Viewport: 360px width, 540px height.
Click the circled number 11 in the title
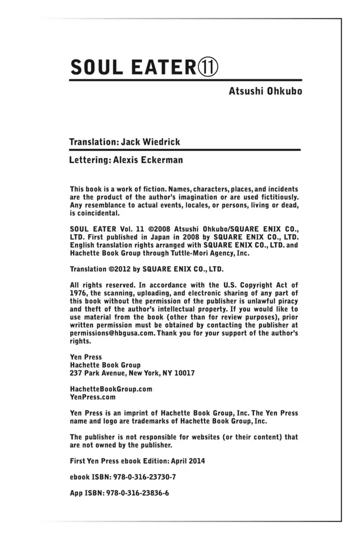tap(208, 67)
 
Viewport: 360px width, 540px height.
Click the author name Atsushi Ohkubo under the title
tap(265, 91)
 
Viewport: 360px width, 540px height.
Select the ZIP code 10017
tap(185, 373)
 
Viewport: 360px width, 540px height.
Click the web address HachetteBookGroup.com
tap(111, 389)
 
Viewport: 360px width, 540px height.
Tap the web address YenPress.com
tap(92, 397)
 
